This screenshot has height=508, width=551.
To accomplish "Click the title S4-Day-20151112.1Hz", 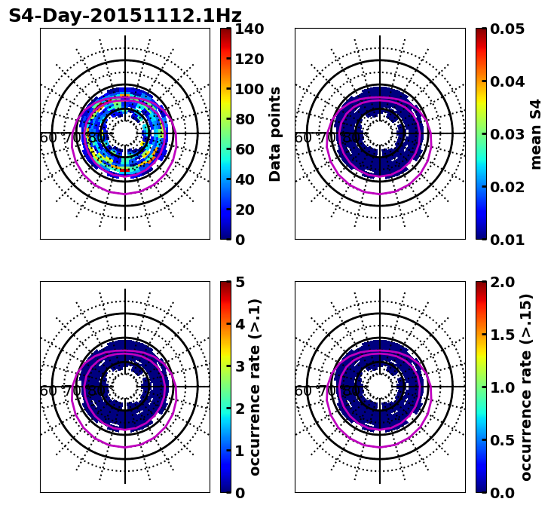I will [125, 16].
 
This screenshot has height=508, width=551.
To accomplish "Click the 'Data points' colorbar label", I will [276, 134].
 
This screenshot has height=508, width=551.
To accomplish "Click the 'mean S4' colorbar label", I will [536, 134].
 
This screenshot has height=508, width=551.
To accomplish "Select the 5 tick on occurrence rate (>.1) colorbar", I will [240, 282].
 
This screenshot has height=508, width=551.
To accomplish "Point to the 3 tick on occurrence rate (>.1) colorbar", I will [240, 366].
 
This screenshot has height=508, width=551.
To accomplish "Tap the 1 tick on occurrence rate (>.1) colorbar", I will [240, 451].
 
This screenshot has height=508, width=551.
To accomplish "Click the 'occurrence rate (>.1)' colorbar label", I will [256, 387].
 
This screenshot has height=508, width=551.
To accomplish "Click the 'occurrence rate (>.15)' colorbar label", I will [526, 387].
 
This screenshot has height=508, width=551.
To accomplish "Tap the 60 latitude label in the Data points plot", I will [48, 138].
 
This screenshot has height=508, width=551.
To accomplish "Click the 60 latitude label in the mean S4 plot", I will [303, 138].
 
